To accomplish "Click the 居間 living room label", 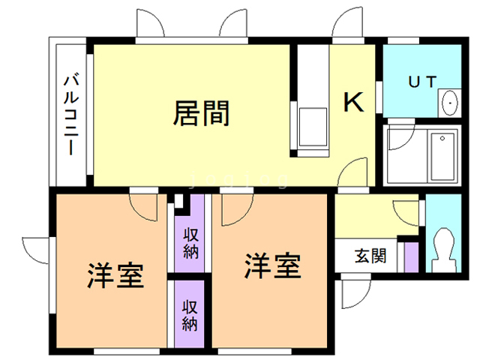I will click(202, 113).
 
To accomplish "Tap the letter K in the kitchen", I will click(353, 103).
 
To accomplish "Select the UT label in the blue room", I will click(421, 82).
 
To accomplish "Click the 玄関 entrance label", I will click(370, 256).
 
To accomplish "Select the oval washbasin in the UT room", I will click(450, 102).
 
